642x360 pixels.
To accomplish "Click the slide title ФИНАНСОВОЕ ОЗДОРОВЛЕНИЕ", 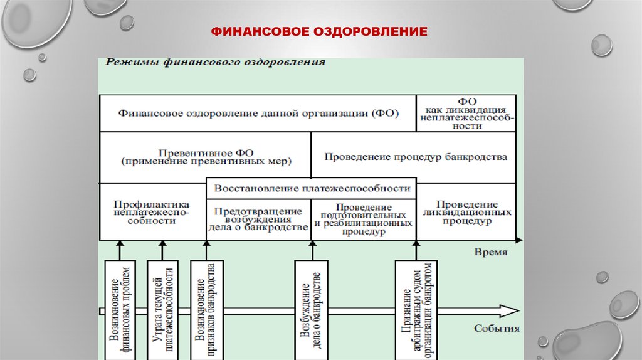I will [x=319, y=31].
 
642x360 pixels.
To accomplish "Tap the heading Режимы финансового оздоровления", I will [x=215, y=62].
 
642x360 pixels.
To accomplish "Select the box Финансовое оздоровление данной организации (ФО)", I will [x=258, y=114].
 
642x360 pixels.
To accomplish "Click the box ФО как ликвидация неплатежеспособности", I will [x=466, y=113].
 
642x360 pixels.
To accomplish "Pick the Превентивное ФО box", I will [x=206, y=157].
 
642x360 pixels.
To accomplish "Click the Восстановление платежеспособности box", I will [x=312, y=188].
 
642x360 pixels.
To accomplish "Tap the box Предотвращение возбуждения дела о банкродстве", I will [x=258, y=219].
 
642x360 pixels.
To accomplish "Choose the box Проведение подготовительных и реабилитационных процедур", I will [x=364, y=219].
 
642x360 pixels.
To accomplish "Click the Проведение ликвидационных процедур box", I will [x=466, y=213].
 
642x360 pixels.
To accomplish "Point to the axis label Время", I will [x=490, y=252].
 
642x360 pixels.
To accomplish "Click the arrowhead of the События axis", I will [x=509, y=310].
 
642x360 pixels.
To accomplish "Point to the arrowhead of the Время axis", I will [x=518, y=240].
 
